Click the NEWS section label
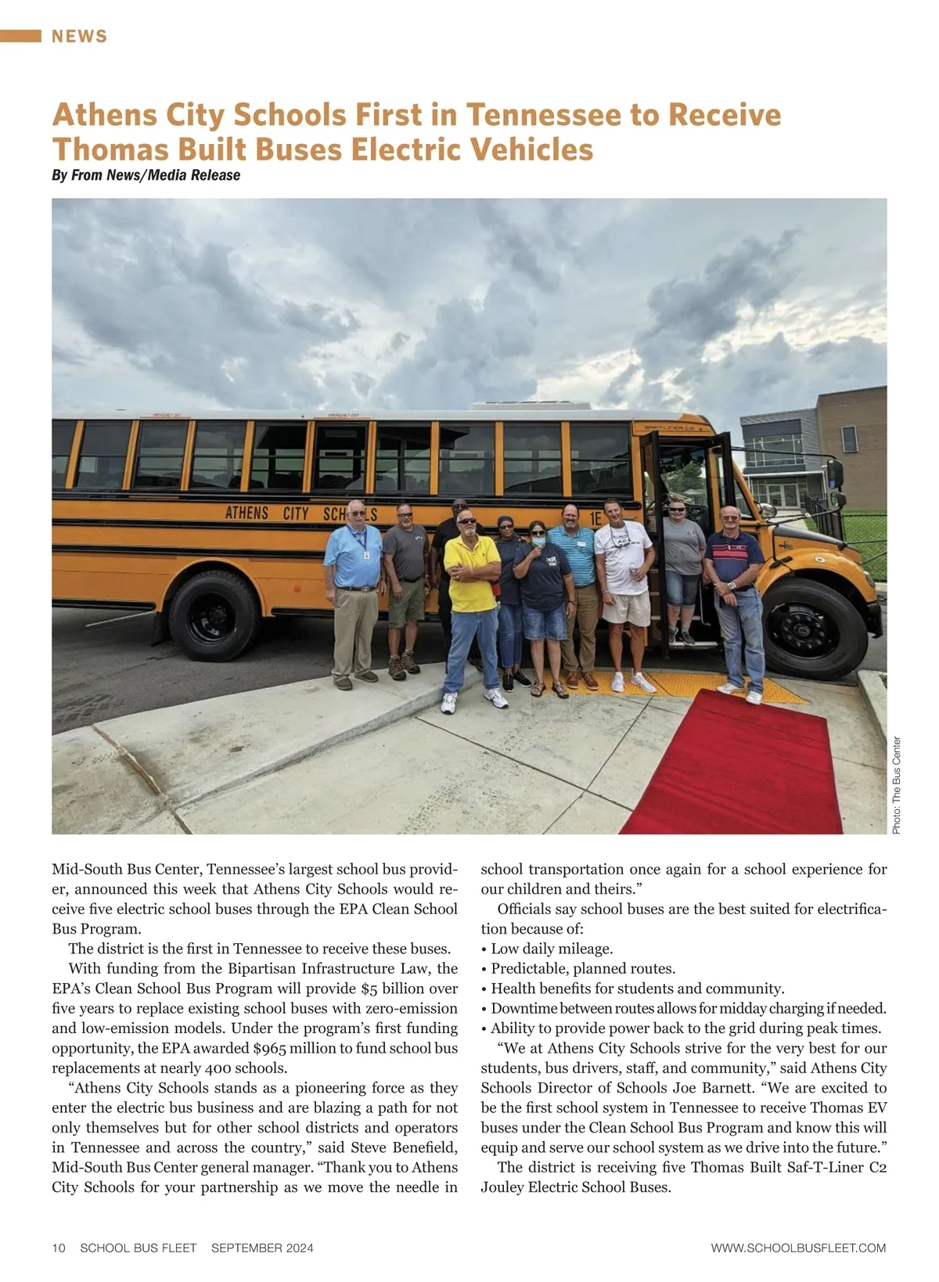[79, 36]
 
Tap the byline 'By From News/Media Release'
[146, 175]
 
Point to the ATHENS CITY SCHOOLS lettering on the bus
[301, 513]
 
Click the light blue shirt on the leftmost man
[354, 556]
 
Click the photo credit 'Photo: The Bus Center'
[897, 785]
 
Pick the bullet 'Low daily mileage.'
[551, 949]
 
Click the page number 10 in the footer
[59, 1248]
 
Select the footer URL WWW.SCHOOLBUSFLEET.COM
[798, 1248]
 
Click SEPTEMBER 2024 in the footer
[262, 1248]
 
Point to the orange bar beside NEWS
[20, 36]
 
